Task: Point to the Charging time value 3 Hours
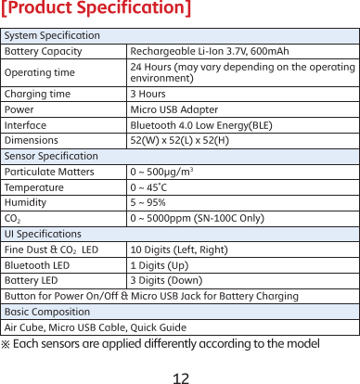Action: [x=148, y=94]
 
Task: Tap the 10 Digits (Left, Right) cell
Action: [x=181, y=250]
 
